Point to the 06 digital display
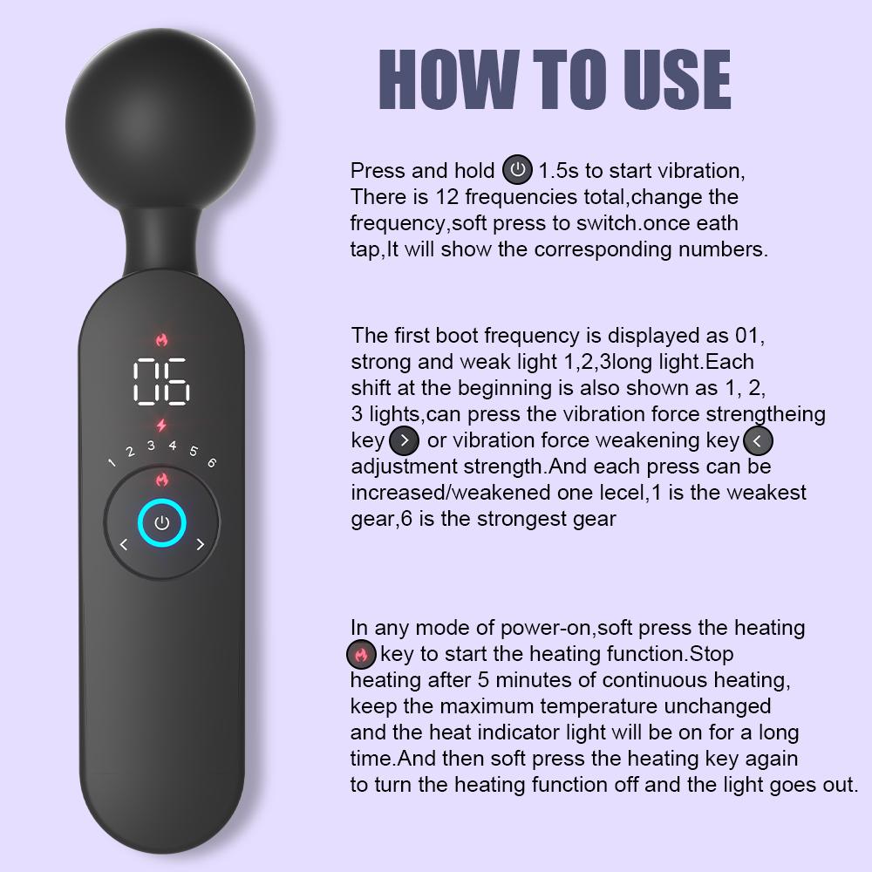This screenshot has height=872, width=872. [161, 381]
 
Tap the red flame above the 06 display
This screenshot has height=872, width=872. [161, 338]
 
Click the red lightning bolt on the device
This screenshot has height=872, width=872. [160, 426]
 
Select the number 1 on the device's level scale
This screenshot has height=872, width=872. [112, 462]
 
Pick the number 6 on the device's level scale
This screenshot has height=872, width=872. [211, 462]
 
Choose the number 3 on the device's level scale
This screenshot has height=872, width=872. [151, 446]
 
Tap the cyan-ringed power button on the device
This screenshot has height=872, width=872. [161, 523]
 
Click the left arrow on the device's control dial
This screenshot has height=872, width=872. [123, 545]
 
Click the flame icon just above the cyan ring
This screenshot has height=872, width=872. [161, 479]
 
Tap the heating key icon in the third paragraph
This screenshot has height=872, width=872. [361, 654]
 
